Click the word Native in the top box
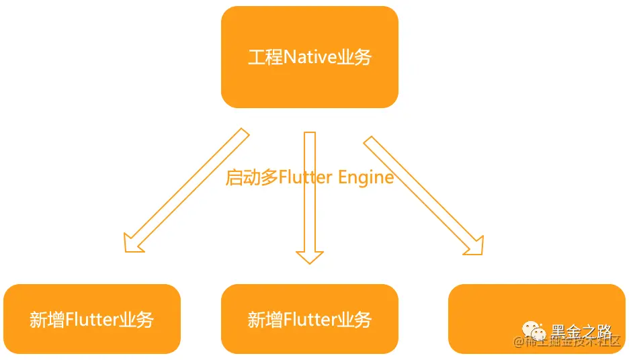309,57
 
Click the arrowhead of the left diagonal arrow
132,242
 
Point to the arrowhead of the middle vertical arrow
310,257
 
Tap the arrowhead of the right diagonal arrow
474,246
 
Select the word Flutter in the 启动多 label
305,177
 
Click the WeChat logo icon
536,331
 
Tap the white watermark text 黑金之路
581,331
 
